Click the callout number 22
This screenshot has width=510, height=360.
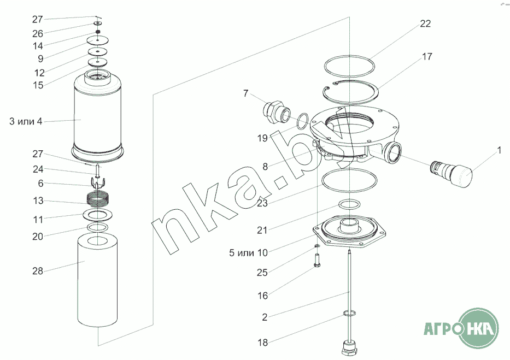point(425,23)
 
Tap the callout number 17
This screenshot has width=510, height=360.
point(427,56)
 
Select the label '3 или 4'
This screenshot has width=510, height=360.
point(26,121)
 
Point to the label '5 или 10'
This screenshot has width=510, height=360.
point(248,252)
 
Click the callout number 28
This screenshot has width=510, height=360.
point(38,271)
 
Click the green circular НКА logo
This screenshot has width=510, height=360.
point(478,328)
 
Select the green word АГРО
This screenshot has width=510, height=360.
point(440,328)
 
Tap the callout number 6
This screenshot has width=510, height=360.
point(40,184)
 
